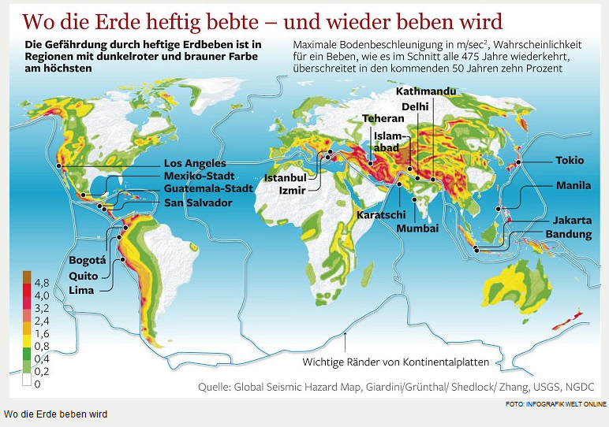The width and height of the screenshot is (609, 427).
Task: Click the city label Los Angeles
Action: pos(195,163)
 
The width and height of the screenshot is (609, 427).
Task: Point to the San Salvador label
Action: pos(198,203)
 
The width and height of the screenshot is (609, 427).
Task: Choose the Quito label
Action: pos(84,276)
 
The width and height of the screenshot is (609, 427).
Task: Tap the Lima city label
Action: pos(81,290)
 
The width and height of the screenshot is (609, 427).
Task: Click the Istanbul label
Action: pos(285,178)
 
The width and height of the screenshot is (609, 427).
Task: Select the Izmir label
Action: pos(292,190)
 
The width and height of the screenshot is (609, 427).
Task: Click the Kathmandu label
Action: pos(426,91)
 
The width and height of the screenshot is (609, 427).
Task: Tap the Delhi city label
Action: pos(415,106)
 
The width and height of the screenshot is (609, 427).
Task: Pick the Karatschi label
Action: pos(381,214)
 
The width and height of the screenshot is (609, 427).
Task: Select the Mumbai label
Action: pos(417,228)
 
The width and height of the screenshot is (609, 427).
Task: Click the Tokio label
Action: pos(570,160)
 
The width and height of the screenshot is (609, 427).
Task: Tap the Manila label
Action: pos(573,186)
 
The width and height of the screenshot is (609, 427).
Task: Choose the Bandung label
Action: pos(568,235)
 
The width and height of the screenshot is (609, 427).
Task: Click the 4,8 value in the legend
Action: pos(41,282)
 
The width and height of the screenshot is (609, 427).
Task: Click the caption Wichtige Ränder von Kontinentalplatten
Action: pos(396,362)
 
